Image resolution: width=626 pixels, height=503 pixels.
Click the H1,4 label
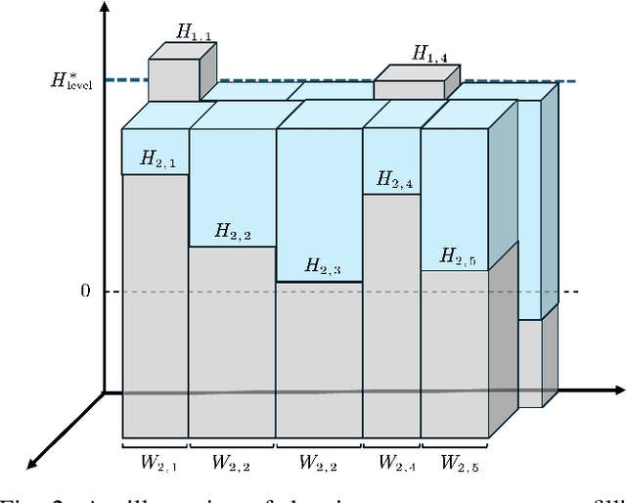point(430,56)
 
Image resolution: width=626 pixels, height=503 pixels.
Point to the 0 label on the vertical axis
point(85,292)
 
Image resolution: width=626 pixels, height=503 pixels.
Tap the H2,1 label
point(157,159)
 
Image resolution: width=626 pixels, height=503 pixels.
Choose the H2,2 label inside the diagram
point(233,233)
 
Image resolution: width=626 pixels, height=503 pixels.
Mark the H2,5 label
point(458,256)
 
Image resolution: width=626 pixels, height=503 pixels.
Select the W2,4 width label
point(395,460)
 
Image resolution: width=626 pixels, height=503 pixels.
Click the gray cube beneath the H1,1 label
point(174,80)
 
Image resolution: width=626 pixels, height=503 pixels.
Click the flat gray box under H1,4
point(409,89)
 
